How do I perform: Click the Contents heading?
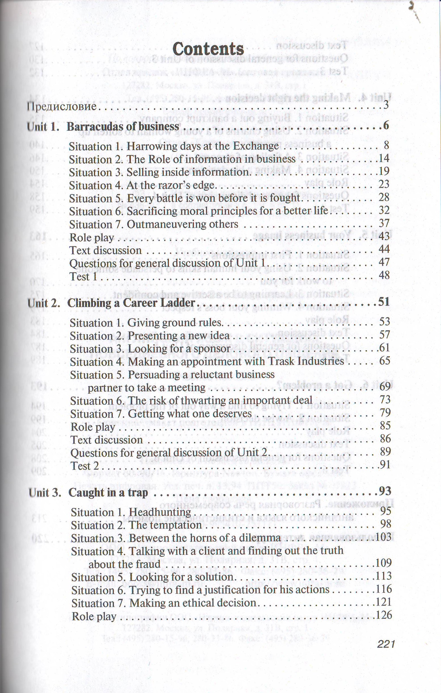coord(208,49)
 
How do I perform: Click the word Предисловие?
coord(61,107)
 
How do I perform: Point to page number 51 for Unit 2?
coord(383,302)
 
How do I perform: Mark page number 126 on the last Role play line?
coord(384,615)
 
